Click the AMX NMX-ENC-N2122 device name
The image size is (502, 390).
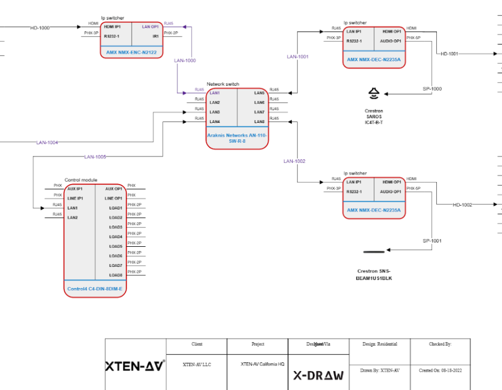[131, 52]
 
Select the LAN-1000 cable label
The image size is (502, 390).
[185, 60]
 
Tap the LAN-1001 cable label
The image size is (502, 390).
[298, 57]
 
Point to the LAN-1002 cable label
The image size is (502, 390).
[295, 161]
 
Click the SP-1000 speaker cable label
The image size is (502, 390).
[432, 89]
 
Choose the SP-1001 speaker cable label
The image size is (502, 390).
[432, 241]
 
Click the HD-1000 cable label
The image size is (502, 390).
[40, 27]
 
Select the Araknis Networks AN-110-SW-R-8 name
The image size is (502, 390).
[237, 138]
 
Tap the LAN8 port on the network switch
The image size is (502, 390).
[259, 121]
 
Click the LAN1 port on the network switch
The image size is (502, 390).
[215, 93]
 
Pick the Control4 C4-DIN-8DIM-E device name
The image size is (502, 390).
[95, 289]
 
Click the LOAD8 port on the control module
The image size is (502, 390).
[116, 275]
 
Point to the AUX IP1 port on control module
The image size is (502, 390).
[75, 189]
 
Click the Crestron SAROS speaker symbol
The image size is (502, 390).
[374, 93]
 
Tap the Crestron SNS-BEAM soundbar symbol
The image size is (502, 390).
[374, 252]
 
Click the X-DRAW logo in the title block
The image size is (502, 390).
[318, 375]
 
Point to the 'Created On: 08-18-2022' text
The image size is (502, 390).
[440, 370]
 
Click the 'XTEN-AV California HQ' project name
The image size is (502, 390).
[263, 364]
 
